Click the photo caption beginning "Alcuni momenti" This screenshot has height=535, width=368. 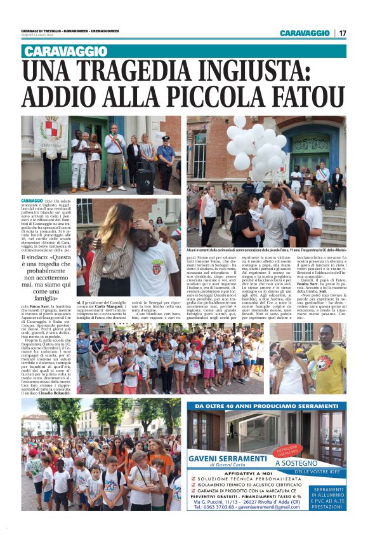(x=266, y=251)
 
